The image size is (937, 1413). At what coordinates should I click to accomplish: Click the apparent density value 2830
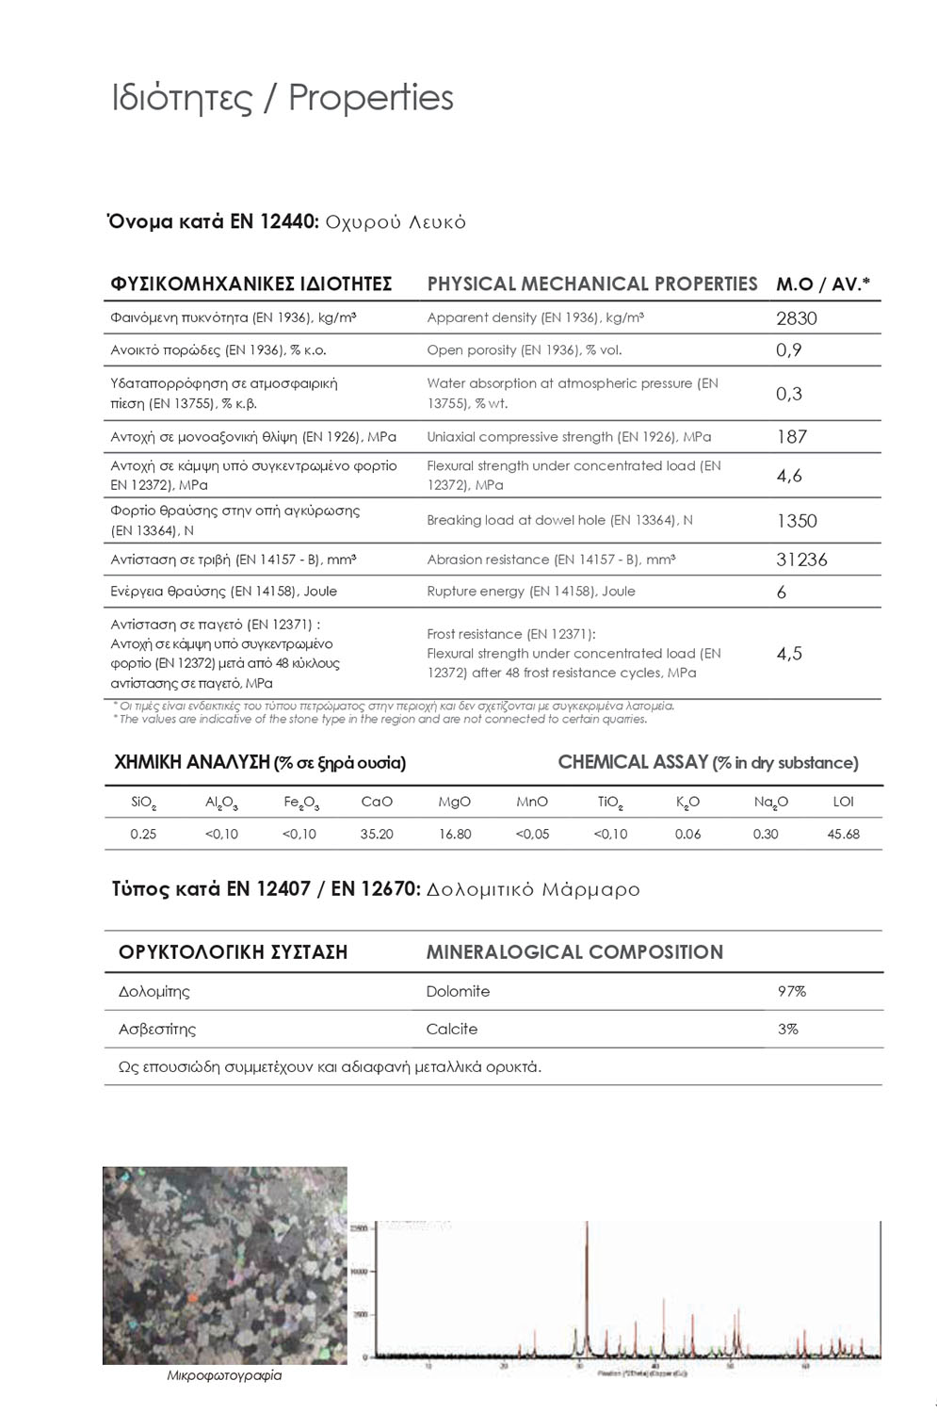796,318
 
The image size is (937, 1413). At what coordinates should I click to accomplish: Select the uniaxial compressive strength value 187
791,437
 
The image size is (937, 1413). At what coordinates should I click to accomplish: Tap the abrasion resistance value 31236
801,560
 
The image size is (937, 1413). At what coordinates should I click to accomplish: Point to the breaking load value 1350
796,521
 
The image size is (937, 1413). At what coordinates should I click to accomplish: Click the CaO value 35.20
377,834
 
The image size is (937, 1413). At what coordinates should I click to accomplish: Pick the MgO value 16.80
455,834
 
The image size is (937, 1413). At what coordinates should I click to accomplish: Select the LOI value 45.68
843,834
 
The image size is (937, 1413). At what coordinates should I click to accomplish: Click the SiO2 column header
144,803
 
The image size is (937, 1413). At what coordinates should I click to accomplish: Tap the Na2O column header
770,803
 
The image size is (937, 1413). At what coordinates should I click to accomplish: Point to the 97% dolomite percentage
791,991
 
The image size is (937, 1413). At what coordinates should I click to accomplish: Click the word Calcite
451,1029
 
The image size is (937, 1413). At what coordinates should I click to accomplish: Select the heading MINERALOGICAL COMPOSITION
574,952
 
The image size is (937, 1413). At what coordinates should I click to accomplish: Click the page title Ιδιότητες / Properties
283,98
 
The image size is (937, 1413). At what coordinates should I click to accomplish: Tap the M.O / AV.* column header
822,284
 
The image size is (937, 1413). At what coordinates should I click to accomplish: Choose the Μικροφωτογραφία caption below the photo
224,1375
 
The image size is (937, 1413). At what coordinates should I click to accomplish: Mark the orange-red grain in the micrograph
191,1298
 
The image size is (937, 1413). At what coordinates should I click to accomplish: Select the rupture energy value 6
782,593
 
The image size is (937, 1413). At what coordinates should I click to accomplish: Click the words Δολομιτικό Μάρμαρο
533,889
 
